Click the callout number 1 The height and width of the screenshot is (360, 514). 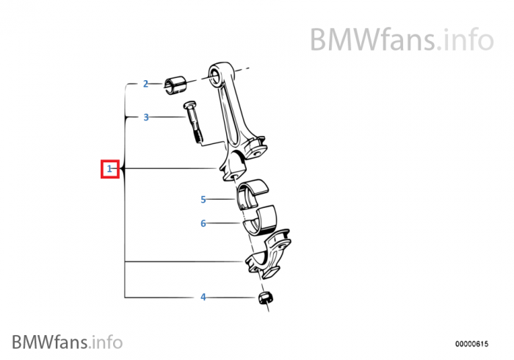coord(109,169)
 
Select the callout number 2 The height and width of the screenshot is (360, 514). coord(145,84)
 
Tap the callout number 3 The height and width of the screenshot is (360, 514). coord(146,117)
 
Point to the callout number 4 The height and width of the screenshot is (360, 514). coord(203,297)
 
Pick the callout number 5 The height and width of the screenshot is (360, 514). coord(203,199)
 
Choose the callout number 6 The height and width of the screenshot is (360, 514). coord(203,223)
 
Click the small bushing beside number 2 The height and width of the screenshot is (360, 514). coord(175,84)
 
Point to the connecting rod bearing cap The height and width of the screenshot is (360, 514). coord(267,254)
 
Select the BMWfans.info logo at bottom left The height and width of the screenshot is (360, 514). coord(67,342)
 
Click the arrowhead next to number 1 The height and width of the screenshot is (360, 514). coord(123,169)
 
